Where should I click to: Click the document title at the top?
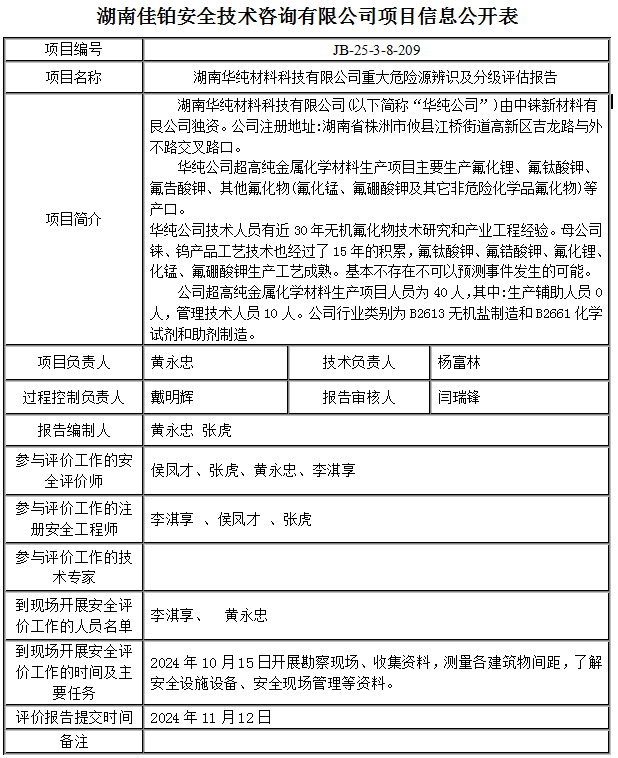click(309, 17)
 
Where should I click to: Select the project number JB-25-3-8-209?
click(375, 49)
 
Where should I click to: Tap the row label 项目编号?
click(74, 49)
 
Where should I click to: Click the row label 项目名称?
click(74, 76)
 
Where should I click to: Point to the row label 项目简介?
click(74, 218)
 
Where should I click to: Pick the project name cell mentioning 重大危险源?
click(375, 76)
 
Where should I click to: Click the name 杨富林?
click(459, 362)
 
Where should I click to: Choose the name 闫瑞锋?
click(459, 397)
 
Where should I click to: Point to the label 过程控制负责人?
click(74, 397)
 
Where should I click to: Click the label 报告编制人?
click(74, 431)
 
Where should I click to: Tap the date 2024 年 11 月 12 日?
click(211, 717)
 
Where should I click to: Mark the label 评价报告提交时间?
click(74, 717)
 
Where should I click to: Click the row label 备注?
click(74, 742)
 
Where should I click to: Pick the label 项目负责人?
click(74, 362)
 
